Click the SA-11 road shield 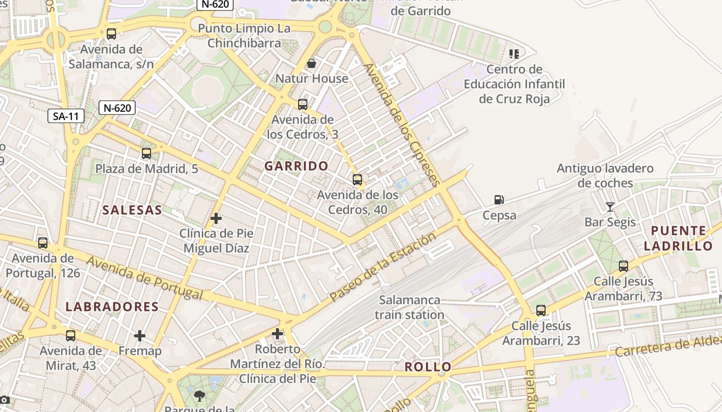coord(66,116)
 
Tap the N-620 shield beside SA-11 coord(117,108)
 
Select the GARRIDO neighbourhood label coord(297,166)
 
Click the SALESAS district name coord(132,210)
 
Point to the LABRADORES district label coord(112,306)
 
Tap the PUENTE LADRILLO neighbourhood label coord(678,238)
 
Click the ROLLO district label coord(428,367)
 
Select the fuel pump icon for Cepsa coord(499,200)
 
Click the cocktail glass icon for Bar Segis coord(610,207)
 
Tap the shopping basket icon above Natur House coord(311,63)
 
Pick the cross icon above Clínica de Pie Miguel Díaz coord(216,218)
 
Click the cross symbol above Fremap coord(140,336)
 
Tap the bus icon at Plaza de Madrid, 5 coord(146,153)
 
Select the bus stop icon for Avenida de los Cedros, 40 coord(357,180)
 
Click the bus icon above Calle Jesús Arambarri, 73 coord(623,266)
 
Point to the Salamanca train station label coord(409,307)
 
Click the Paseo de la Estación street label coord(382,268)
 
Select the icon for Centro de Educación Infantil coord(514,54)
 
